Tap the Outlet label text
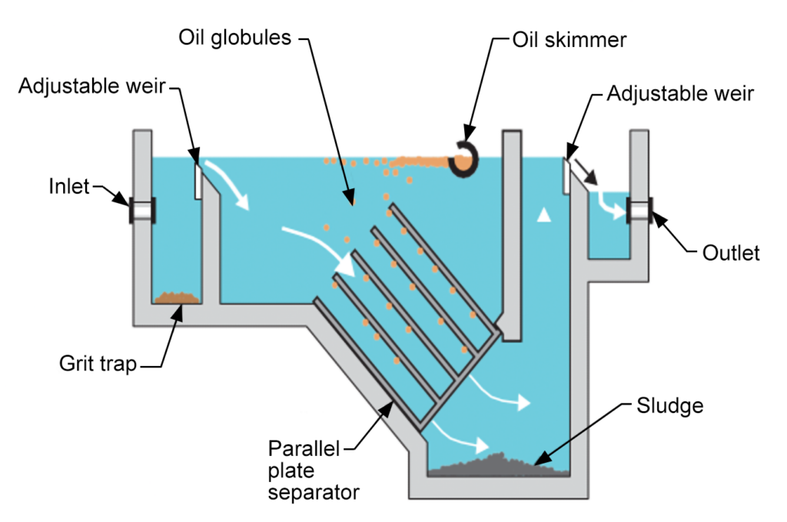click(731, 253)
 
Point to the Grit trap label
click(98, 363)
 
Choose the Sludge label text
click(670, 404)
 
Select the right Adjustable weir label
click(680, 94)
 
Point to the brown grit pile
click(178, 296)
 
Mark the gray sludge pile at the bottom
click(500, 463)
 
